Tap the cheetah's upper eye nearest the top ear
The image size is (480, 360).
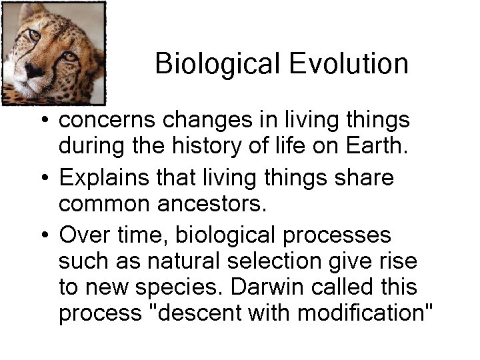(34, 35)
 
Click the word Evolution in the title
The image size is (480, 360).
(349, 64)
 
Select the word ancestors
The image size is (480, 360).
(211, 203)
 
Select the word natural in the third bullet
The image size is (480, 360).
(171, 261)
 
